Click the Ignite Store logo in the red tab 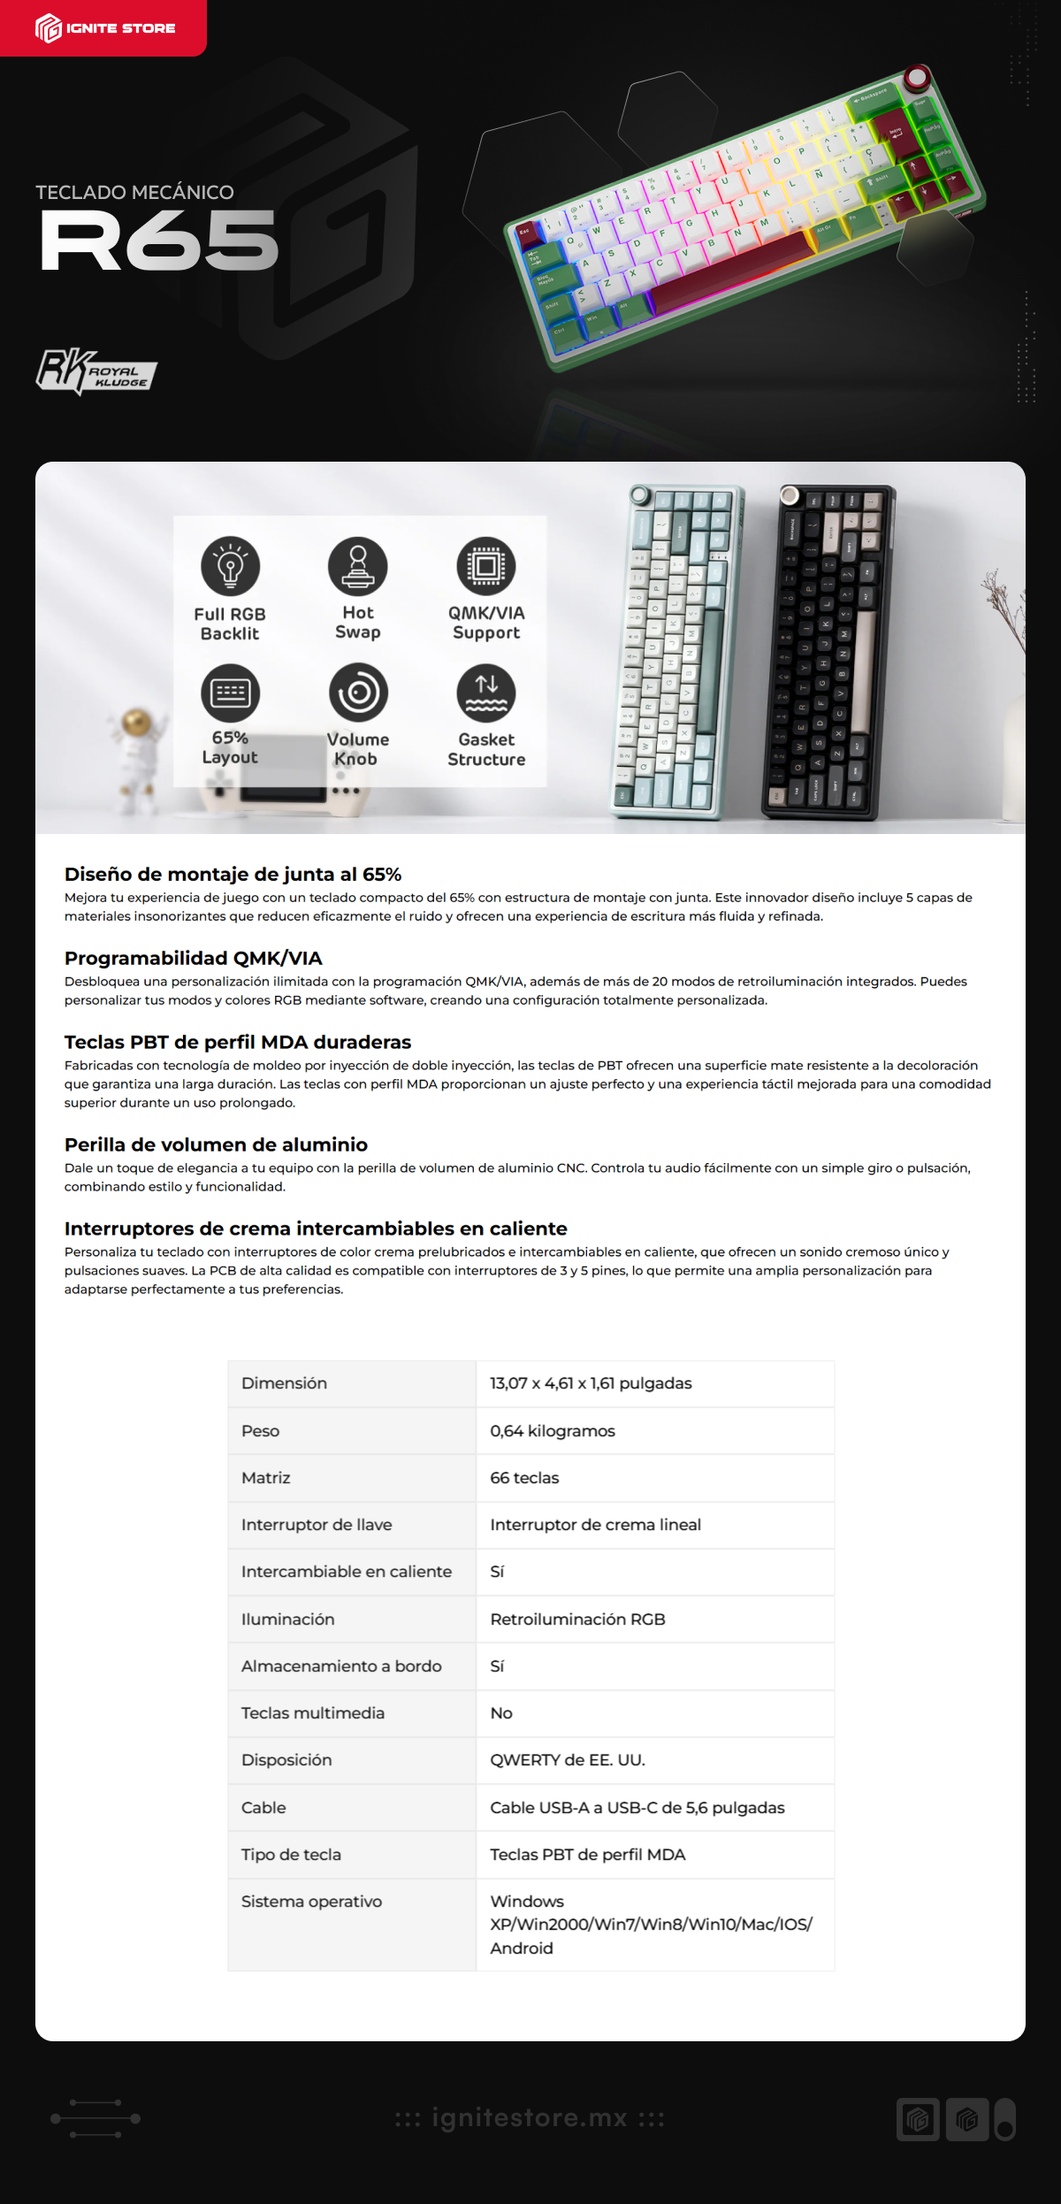tap(105, 28)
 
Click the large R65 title tap(159, 241)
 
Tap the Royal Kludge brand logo tap(96, 371)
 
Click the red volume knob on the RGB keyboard tap(917, 78)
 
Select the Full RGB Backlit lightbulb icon tap(230, 566)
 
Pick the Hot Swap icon tap(358, 566)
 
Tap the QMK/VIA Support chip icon tap(486, 566)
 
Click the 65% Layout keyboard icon tap(230, 693)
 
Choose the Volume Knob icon tap(358, 693)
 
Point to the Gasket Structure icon tap(486, 693)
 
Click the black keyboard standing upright tap(828, 652)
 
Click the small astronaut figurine tap(135, 757)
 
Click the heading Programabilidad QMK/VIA tap(193, 958)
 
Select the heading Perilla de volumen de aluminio tap(216, 1144)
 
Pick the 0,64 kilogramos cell tap(553, 1430)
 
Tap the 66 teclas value tap(524, 1477)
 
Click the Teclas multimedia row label tap(313, 1712)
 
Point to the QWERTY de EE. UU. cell tap(568, 1759)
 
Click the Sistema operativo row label tap(311, 1901)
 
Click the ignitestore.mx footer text tap(530, 2118)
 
